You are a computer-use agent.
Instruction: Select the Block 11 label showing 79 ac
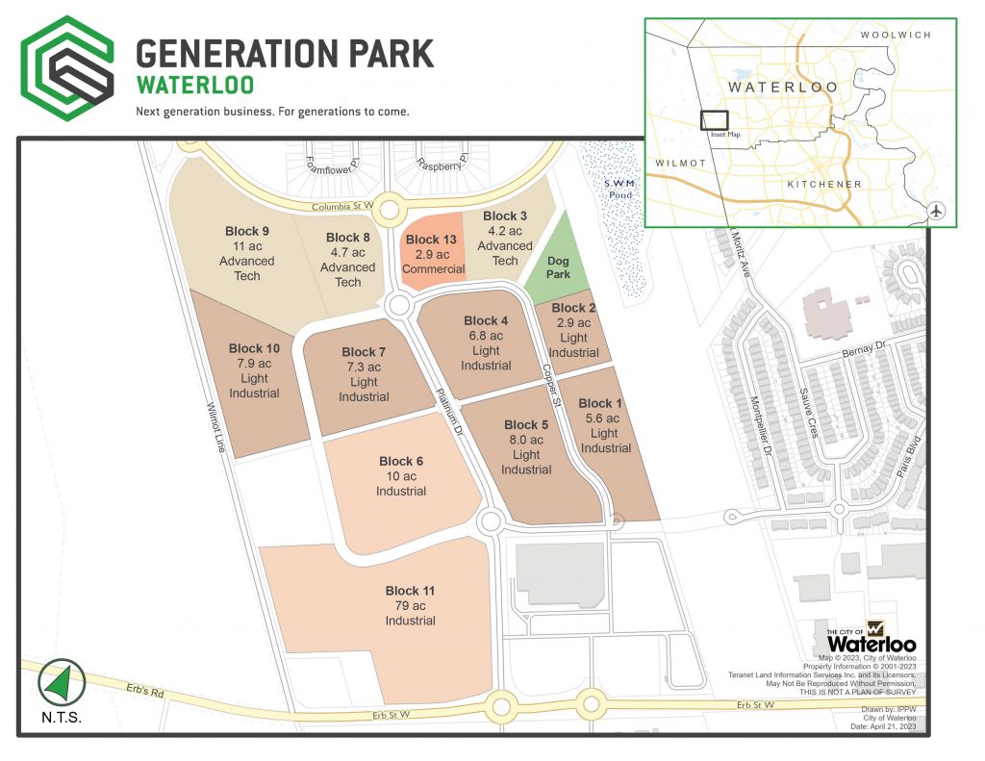(x=411, y=606)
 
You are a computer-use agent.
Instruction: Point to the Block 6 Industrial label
(x=401, y=476)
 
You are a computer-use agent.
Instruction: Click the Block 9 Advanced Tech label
(x=246, y=253)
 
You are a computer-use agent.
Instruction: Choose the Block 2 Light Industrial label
(x=574, y=330)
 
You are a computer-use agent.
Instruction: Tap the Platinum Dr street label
(x=449, y=413)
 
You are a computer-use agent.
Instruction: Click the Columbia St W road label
(x=341, y=206)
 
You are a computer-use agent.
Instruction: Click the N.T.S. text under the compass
(x=62, y=719)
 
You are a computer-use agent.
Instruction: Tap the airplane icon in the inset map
(x=939, y=212)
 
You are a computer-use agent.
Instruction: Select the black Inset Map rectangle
(x=714, y=120)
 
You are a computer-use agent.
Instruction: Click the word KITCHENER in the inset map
(x=824, y=184)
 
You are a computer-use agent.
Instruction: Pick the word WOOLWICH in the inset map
(x=896, y=35)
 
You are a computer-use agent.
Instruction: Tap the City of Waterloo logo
(x=871, y=636)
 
